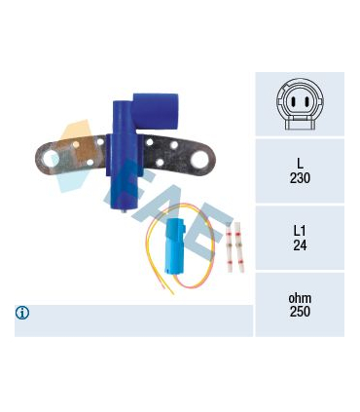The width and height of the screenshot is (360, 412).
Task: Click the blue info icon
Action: coord(22,313)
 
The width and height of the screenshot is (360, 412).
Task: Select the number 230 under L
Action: coord(300,178)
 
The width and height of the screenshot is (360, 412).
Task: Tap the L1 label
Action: coord(300,231)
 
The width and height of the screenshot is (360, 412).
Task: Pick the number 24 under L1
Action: coord(300,245)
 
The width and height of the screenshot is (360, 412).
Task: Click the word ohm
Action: coord(300,298)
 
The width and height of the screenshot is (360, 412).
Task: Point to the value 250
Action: coord(300,312)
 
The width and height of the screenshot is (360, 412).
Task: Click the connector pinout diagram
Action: coord(300,104)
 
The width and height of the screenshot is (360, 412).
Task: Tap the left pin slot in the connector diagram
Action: coord(293,102)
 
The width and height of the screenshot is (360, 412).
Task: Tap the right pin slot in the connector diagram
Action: coord(306,102)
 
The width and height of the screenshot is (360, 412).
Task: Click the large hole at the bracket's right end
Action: coord(199,160)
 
